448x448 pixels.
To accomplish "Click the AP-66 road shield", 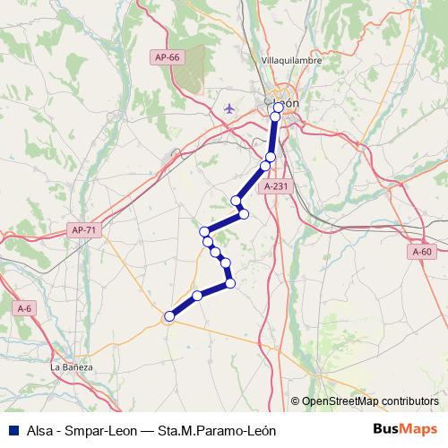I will tap(166, 57).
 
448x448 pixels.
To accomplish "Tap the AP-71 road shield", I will tap(83, 230).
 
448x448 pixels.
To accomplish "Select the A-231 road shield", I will tap(275, 186).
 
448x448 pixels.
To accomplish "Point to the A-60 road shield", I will tap(422, 253).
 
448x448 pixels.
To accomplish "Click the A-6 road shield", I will tap(25, 308).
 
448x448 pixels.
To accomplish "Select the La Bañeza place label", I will tap(72, 366).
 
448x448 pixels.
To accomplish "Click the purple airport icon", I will tap(229, 108).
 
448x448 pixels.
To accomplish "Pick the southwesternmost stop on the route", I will tap(168, 315).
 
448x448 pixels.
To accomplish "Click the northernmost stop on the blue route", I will tap(279, 107).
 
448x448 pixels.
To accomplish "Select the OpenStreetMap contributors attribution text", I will tap(370, 401).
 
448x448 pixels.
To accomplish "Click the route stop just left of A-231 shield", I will tap(265, 167).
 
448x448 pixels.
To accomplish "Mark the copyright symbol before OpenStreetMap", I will tap(295, 401).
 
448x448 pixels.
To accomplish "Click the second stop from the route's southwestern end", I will tap(197, 296).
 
